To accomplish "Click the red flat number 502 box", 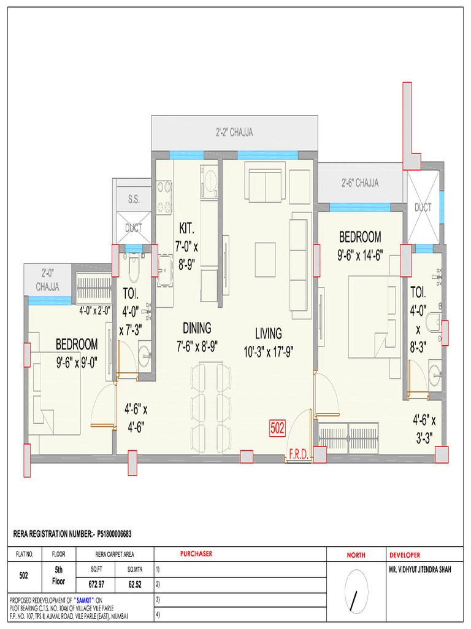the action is (x=277, y=428).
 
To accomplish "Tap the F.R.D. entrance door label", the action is (x=299, y=454).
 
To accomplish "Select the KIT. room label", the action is (x=186, y=229).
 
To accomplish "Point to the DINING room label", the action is (x=197, y=328).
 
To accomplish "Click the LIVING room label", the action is (x=269, y=334).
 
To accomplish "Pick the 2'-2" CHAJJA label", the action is (x=234, y=132).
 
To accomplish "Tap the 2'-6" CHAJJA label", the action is (x=359, y=183).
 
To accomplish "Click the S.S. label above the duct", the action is (x=134, y=199).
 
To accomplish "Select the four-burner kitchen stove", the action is (x=164, y=197).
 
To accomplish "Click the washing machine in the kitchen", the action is (x=209, y=181).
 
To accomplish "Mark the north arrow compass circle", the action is (x=356, y=592).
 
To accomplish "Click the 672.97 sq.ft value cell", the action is (x=96, y=585).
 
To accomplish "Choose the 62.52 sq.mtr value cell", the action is (x=135, y=585).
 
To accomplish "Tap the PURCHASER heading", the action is (x=196, y=553).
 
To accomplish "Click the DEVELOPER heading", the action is (x=405, y=555).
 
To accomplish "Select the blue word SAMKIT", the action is (x=83, y=601).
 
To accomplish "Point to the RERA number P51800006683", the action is (x=114, y=534).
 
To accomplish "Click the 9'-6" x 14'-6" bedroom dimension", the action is (x=360, y=255).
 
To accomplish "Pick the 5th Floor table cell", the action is (x=58, y=576).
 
